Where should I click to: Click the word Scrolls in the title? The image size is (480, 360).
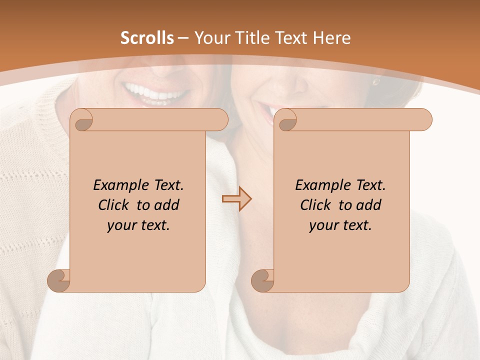147,38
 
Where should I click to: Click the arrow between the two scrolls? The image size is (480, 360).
236,199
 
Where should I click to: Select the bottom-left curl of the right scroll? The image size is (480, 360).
263,281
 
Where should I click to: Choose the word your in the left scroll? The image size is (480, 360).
120,226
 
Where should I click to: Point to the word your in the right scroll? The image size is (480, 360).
322,226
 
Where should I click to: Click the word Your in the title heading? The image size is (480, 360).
210,38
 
